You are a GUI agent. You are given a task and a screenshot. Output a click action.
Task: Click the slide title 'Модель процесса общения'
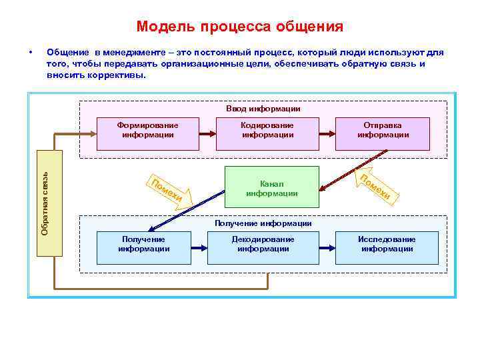click(x=239, y=27)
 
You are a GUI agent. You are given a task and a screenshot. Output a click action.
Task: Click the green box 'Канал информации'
click(x=271, y=189)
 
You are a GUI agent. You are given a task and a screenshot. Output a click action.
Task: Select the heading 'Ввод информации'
click(x=263, y=109)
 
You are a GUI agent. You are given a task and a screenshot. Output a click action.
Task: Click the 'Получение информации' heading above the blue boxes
click(x=263, y=224)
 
